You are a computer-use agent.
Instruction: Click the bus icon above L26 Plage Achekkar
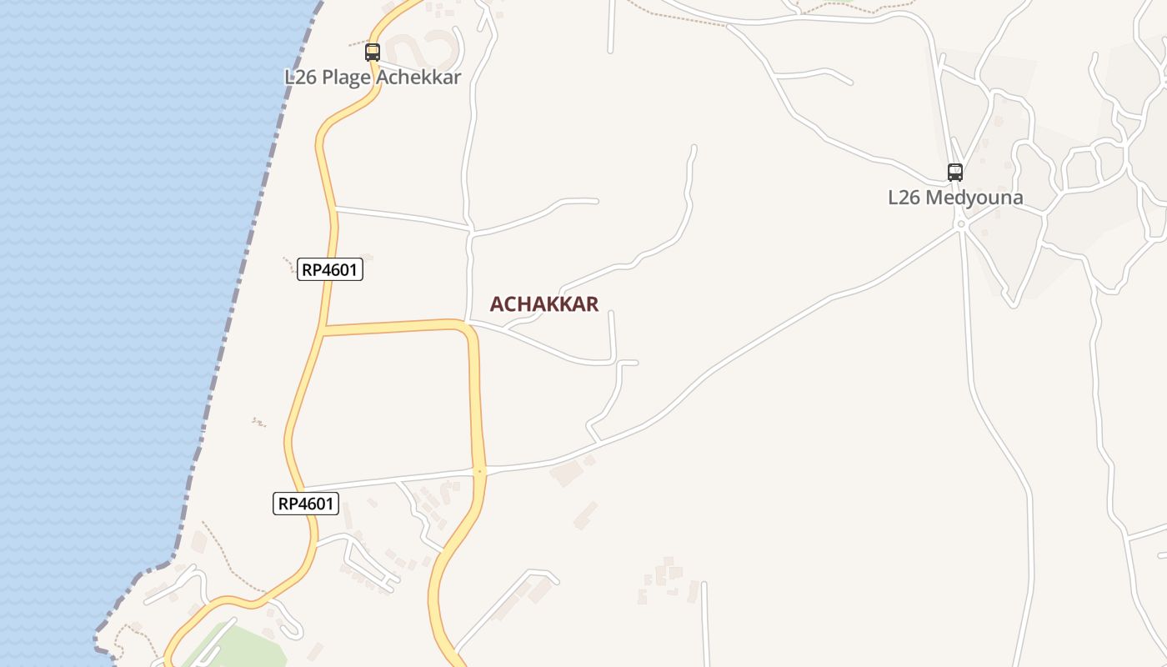(373, 53)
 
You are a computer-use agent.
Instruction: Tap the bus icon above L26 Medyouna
(955, 173)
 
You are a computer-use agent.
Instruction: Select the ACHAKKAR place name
(543, 304)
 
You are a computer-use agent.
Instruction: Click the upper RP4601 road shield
(330, 269)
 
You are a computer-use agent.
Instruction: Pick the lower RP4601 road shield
(306, 504)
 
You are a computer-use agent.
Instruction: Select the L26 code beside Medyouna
(904, 198)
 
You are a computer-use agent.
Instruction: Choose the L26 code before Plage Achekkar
(300, 78)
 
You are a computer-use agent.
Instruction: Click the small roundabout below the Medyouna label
(961, 224)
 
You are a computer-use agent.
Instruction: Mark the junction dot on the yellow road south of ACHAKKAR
(479, 472)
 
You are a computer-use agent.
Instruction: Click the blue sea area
(108, 292)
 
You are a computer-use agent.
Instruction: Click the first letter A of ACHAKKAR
(497, 304)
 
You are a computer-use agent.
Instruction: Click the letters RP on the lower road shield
(288, 504)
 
